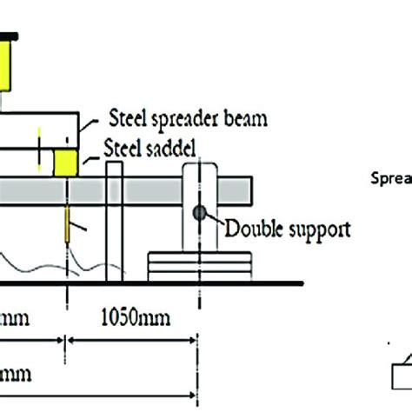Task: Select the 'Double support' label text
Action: coord(288,230)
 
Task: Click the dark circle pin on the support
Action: coord(200,212)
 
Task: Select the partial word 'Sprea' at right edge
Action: coord(389,180)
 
